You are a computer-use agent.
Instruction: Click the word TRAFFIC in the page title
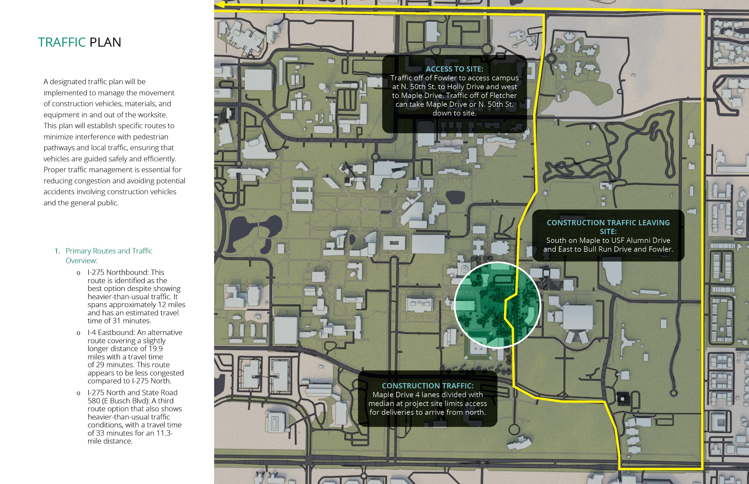pos(62,42)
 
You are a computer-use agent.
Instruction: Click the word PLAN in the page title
pos(105,42)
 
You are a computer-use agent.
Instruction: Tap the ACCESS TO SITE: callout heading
pos(454,69)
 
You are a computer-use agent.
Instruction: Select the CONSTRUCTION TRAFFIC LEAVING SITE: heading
pos(608,227)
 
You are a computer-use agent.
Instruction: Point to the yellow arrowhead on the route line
pos(220,5)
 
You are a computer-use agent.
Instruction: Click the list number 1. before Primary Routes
pos(57,251)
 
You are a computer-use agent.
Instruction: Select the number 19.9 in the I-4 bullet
pos(156,348)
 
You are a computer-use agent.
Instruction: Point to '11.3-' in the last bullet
pos(164,433)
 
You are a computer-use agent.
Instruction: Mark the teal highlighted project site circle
pos(497,305)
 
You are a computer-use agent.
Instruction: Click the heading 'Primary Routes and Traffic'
pos(109,251)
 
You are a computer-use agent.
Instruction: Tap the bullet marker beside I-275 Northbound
pos(78,273)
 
